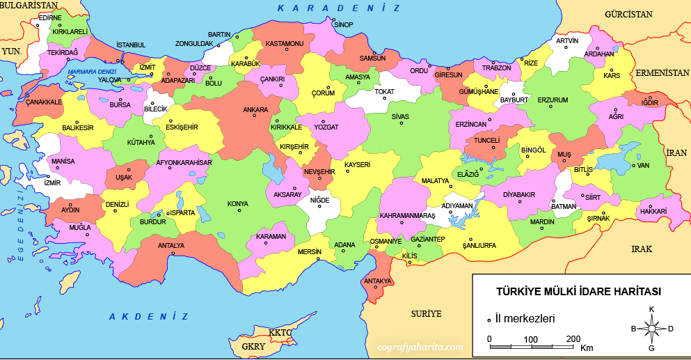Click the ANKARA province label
(255, 110)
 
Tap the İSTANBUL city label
(131, 45)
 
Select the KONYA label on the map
(237, 204)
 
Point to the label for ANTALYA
(171, 245)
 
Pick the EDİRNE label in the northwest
(50, 17)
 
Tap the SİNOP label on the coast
(344, 24)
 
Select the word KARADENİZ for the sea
(339, 8)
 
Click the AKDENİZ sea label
(148, 317)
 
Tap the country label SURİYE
(425, 313)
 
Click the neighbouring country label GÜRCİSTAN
(628, 14)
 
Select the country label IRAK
(642, 249)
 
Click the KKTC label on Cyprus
(280, 333)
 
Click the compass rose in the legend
(651, 328)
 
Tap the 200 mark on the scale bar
(573, 339)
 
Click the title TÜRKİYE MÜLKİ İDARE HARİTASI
(578, 291)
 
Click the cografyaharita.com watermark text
(420, 346)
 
